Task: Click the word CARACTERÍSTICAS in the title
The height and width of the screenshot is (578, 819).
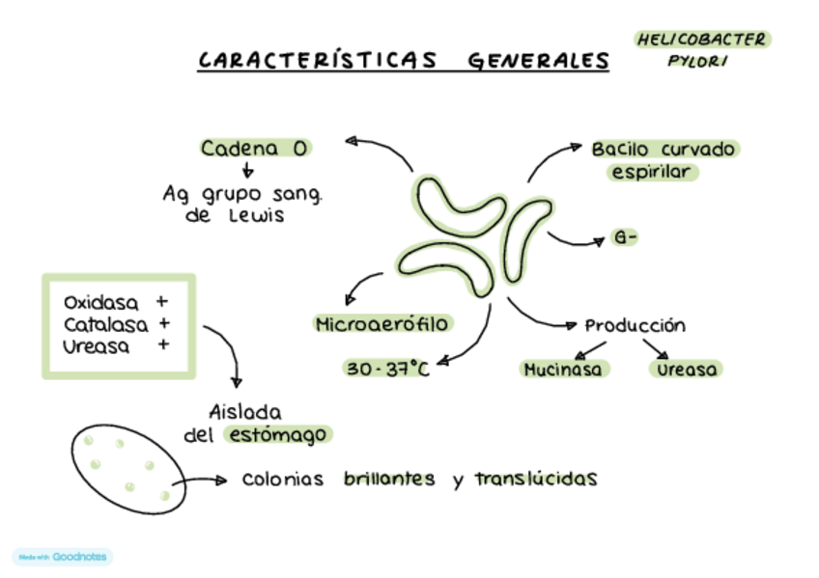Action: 318,60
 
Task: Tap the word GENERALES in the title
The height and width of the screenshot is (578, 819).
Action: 539,61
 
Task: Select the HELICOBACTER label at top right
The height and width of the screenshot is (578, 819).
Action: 702,40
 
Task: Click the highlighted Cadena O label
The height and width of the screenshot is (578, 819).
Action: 255,148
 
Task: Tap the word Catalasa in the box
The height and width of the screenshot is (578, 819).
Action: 103,324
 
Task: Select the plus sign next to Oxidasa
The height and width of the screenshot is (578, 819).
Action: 161,301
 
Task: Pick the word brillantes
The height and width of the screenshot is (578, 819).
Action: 389,479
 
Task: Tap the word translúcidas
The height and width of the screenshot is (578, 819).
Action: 536,479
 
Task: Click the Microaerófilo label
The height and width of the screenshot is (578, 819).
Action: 382,324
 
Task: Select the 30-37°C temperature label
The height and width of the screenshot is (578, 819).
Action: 386,369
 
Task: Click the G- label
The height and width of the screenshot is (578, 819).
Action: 625,237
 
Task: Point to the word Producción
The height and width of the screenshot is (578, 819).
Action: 635,325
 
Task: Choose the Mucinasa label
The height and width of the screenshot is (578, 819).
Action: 563,369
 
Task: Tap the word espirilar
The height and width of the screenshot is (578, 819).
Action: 652,172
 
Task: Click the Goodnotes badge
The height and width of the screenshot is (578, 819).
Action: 64,557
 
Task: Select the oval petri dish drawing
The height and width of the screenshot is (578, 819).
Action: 124,468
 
